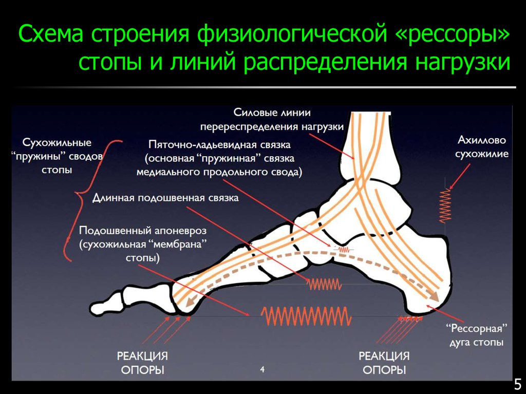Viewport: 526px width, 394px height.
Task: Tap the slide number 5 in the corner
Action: (x=517, y=383)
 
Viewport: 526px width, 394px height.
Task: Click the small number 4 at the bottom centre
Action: (x=262, y=369)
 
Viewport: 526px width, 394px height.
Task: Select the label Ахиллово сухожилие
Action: (x=483, y=146)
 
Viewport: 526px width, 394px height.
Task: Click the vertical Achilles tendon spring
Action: (x=445, y=205)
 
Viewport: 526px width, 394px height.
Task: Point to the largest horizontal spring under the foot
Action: (x=306, y=314)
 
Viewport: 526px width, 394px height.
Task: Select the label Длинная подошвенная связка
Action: (x=165, y=198)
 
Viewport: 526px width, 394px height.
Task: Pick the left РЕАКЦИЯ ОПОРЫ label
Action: (x=142, y=363)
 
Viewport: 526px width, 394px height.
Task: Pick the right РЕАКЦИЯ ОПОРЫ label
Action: (x=384, y=363)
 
